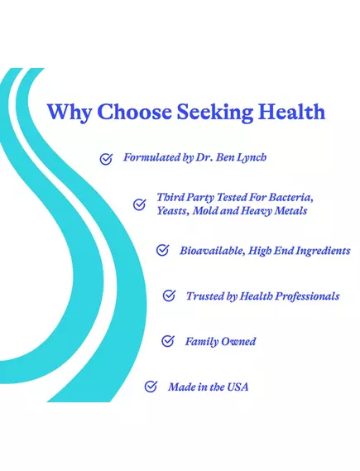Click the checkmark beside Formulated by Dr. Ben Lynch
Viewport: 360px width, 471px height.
click(x=106, y=159)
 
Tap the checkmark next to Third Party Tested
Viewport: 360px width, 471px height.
click(x=140, y=205)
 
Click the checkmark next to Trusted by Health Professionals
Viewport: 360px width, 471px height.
click(x=169, y=296)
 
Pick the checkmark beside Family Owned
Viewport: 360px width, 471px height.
click(x=168, y=341)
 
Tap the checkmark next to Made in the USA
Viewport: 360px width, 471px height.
click(x=151, y=387)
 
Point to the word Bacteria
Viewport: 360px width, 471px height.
click(x=290, y=199)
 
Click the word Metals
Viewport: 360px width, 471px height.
click(x=289, y=212)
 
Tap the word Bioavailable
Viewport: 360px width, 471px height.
click(x=211, y=251)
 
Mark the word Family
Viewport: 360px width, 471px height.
click(x=201, y=341)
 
